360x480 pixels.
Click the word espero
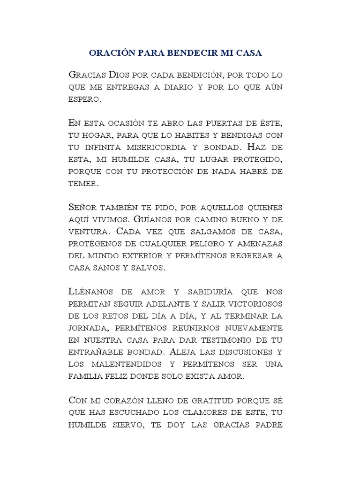tap(84, 99)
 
